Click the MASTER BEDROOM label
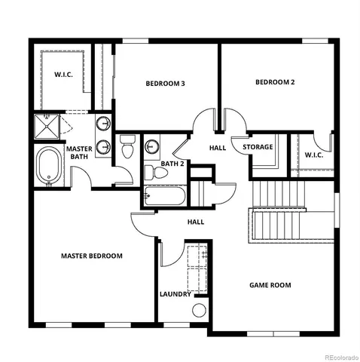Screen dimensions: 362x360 coord(91,256)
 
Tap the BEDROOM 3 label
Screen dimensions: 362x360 coord(166,84)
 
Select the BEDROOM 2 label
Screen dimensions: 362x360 coord(274,82)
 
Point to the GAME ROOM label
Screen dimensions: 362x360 coord(270,285)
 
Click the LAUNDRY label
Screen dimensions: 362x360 coord(175,294)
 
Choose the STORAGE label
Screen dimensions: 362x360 coord(258,146)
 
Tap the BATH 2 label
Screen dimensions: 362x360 coord(173,163)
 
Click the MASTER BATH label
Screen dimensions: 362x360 coord(79,153)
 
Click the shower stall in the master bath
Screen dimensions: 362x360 coord(48,125)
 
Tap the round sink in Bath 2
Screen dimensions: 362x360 coord(153,146)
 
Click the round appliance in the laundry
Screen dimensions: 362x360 coord(199,310)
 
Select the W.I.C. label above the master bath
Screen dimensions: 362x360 coord(63,75)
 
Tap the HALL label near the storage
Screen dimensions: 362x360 coord(218,148)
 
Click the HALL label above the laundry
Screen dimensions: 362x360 coord(196,222)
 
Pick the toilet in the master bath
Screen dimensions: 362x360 coord(127,146)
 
